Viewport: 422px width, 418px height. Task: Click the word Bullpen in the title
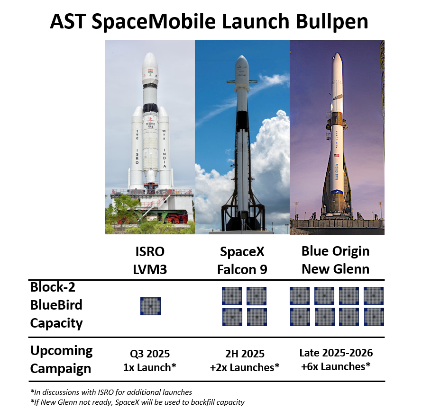pyautogui.click(x=332, y=21)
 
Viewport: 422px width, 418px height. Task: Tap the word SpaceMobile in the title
pyautogui.click(x=154, y=21)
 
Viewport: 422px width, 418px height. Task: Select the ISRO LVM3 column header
pyautogui.click(x=150, y=260)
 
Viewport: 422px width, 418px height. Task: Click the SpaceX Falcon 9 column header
pyautogui.click(x=242, y=260)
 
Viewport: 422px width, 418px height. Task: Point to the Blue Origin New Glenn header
pyautogui.click(x=335, y=260)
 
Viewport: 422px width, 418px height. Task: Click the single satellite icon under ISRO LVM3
pyautogui.click(x=150, y=306)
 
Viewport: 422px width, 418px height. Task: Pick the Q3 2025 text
pyautogui.click(x=150, y=354)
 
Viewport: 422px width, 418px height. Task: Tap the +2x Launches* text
pyautogui.click(x=245, y=367)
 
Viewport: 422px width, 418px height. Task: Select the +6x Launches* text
pyautogui.click(x=336, y=366)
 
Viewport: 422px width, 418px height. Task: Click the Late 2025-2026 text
pyautogui.click(x=336, y=353)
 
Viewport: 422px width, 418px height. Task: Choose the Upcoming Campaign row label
pyautogui.click(x=61, y=359)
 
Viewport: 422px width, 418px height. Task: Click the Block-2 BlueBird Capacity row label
pyautogui.click(x=56, y=305)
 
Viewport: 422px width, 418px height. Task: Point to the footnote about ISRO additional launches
pyautogui.click(x=111, y=392)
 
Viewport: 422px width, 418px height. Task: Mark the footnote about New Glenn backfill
pyautogui.click(x=138, y=402)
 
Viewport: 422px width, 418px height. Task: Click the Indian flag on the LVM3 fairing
pyautogui.click(x=150, y=71)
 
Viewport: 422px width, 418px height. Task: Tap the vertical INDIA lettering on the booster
pyautogui.click(x=164, y=158)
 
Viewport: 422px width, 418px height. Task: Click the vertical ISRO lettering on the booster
pyautogui.click(x=137, y=156)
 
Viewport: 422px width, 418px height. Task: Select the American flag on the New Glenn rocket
pyautogui.click(x=337, y=155)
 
